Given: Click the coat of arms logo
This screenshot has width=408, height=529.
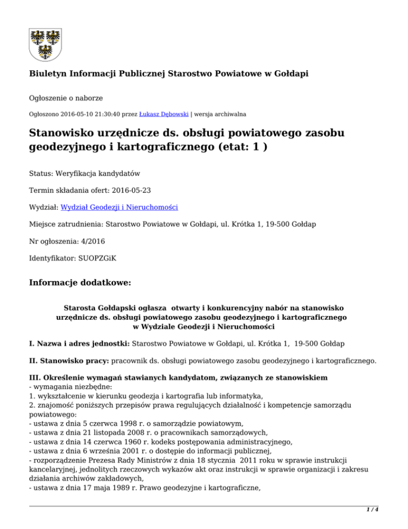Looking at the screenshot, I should coord(44,42).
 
